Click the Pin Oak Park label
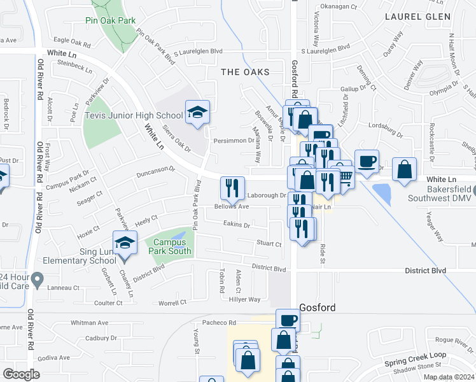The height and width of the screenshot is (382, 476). coord(111,20)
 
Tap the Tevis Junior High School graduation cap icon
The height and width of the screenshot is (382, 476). coord(197,113)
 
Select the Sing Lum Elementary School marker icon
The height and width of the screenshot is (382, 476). coord(125,243)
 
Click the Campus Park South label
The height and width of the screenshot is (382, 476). coord(170,246)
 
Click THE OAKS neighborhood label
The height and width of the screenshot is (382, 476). coord(245,72)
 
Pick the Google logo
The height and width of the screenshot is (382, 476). coord(21,374)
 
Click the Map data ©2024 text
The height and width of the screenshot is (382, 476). coord(448,377)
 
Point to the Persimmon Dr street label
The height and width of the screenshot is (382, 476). coord(234,141)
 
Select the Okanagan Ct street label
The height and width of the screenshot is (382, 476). coord(339,6)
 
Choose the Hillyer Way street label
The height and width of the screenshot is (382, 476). coord(245,299)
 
